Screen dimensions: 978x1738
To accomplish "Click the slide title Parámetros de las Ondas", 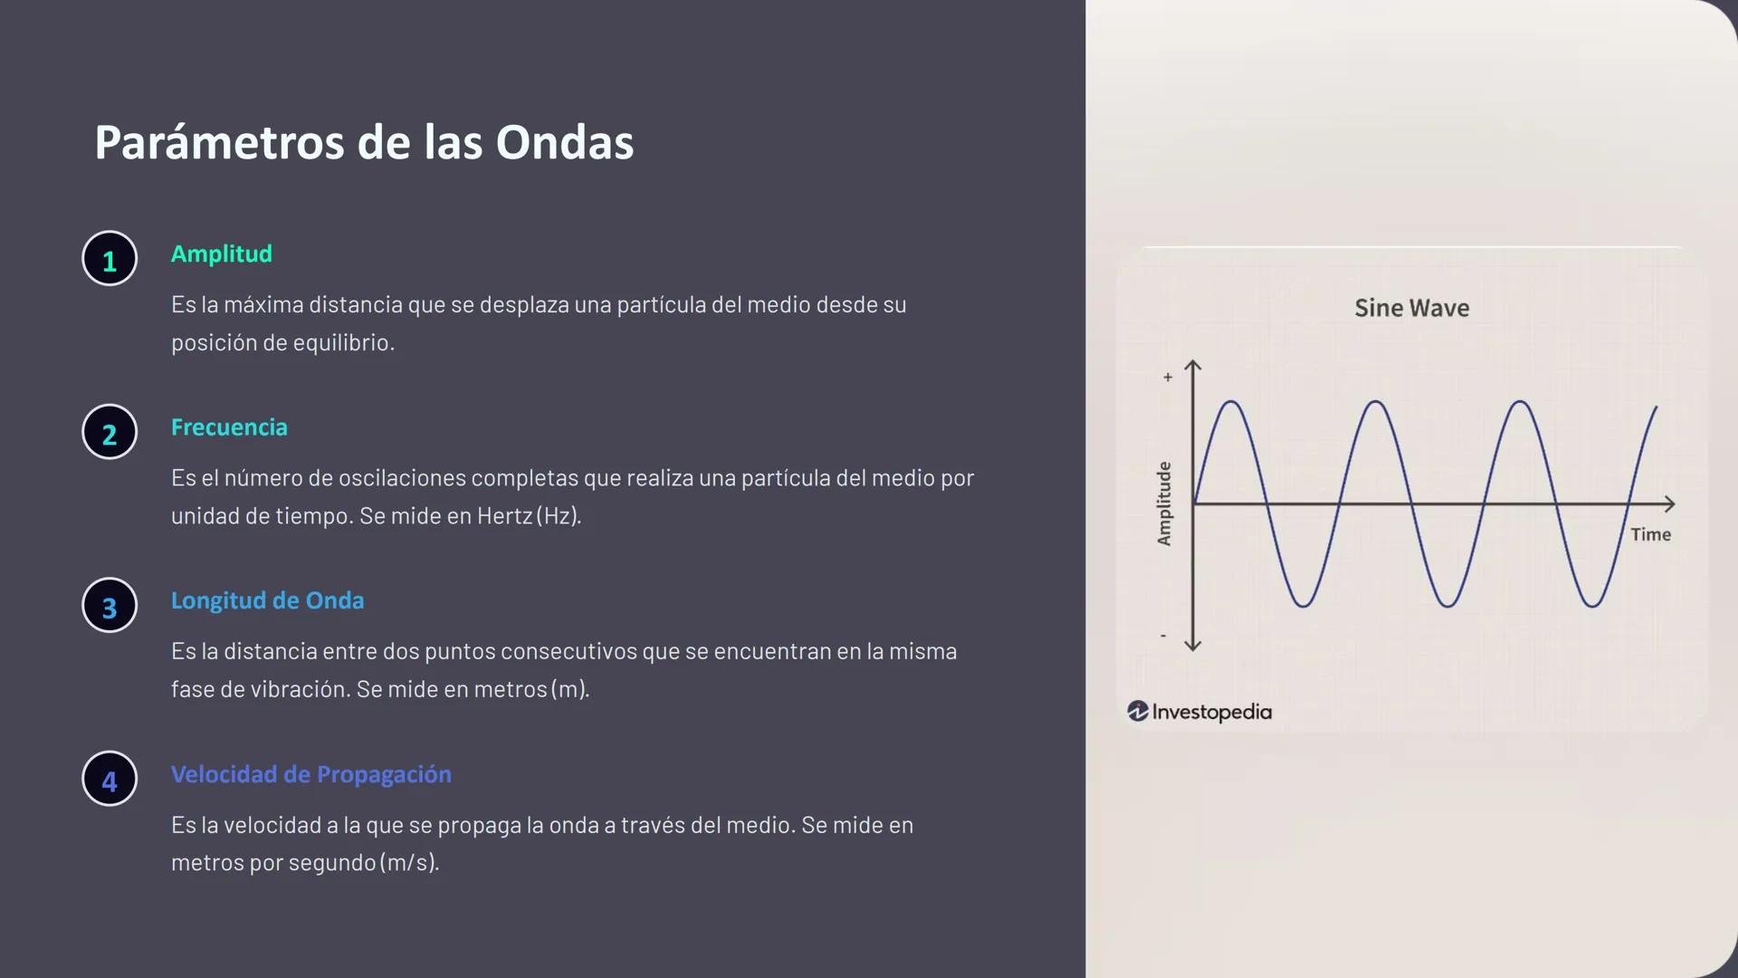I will (364, 143).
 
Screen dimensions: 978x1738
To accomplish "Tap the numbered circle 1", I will (110, 259).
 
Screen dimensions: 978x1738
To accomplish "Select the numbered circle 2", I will (110, 432).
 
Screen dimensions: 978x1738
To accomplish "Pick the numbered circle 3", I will (110, 606).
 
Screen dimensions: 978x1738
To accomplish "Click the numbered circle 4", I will (110, 779).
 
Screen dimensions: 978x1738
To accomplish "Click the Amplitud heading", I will (221, 254).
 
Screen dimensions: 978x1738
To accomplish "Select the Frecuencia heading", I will (229, 427).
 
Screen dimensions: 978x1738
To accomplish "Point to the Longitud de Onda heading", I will (267, 600).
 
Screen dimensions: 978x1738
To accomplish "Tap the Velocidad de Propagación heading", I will (310, 774).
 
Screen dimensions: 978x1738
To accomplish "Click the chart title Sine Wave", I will (1411, 308).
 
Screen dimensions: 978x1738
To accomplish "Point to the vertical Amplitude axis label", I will (1164, 503).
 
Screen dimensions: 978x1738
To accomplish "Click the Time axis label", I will (1650, 534).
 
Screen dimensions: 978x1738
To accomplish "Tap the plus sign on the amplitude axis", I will (1168, 377).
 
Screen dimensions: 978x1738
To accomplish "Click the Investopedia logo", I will (1199, 712).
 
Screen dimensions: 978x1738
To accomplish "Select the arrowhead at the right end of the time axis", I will (1669, 503).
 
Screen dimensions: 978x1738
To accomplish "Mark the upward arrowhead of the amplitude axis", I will (1193, 366).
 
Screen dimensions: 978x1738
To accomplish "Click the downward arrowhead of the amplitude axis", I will (1193, 645).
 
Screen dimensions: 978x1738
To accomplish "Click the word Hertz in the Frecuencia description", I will (504, 516).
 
